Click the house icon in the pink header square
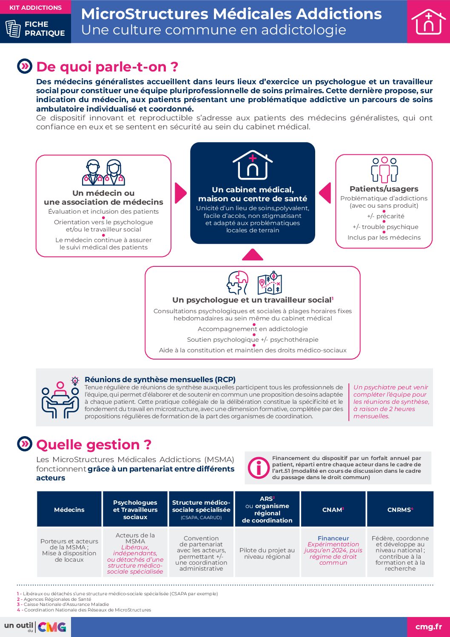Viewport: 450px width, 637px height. (428, 22)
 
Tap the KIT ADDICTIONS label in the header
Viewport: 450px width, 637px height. (35, 8)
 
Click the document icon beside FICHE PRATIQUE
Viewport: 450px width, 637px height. (13, 29)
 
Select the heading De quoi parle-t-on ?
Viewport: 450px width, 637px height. (107, 67)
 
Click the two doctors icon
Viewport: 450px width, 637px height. (103, 172)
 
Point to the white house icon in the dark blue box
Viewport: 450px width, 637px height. (253, 165)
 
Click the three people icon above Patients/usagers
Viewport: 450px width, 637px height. (384, 170)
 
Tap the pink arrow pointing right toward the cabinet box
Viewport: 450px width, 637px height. (180, 193)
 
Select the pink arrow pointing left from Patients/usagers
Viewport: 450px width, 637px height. (325, 193)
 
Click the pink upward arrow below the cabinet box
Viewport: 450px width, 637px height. (253, 255)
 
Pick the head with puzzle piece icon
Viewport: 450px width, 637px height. (238, 283)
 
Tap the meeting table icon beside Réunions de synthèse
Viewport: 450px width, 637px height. (60, 400)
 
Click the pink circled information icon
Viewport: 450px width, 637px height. (258, 468)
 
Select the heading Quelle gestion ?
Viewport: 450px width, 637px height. (94, 445)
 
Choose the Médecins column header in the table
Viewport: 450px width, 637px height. (69, 509)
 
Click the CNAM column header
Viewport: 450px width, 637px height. (333, 509)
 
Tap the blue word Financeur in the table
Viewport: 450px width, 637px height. (333, 538)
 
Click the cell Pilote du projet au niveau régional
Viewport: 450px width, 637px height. (267, 553)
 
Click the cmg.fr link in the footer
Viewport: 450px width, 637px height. (428, 626)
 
